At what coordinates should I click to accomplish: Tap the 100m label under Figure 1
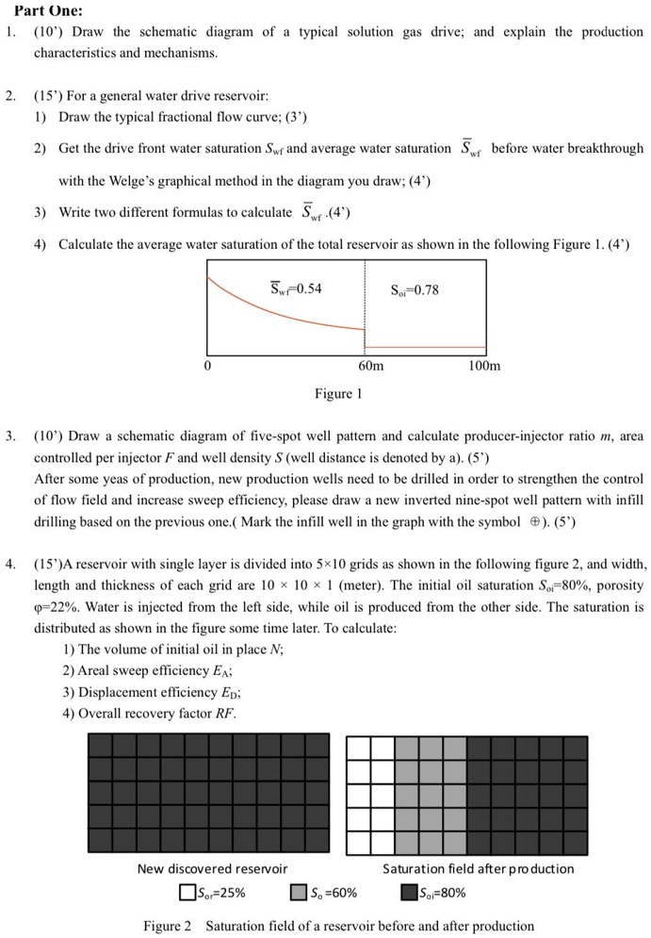point(486,365)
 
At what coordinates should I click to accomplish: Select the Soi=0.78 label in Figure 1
point(414,289)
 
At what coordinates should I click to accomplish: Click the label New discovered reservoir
point(212,868)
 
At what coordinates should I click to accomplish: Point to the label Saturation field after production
point(478,868)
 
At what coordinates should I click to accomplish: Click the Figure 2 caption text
point(338,926)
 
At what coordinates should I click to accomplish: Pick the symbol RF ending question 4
point(224,713)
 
